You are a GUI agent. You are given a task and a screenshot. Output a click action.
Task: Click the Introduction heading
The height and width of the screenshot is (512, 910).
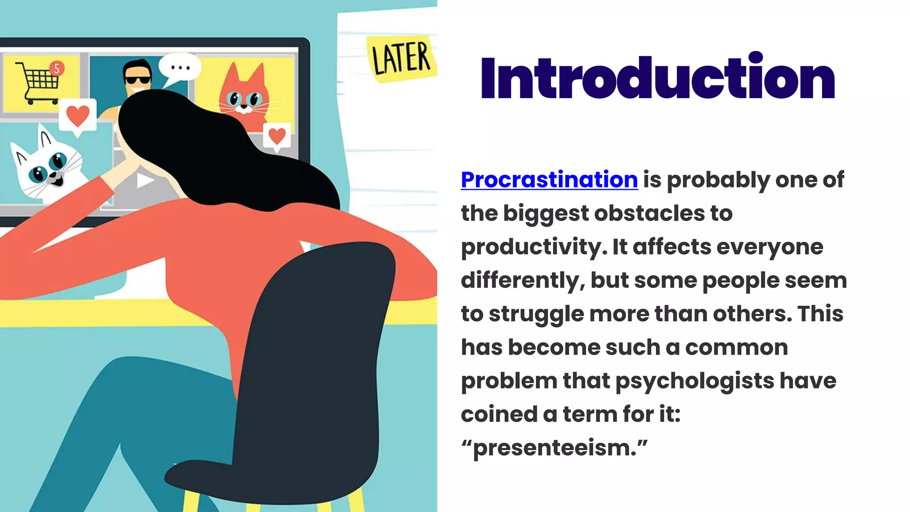[658, 78]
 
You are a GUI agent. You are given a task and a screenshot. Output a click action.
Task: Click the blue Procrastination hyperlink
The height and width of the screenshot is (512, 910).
[549, 180]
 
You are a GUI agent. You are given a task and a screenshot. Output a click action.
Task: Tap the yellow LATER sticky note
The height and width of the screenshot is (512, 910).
[401, 59]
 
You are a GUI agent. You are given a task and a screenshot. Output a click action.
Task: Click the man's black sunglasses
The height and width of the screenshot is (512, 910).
[137, 80]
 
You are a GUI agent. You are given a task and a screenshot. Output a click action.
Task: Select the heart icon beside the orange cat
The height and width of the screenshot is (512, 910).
[277, 136]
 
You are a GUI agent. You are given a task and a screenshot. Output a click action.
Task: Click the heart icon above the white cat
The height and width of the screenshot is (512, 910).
[78, 116]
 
